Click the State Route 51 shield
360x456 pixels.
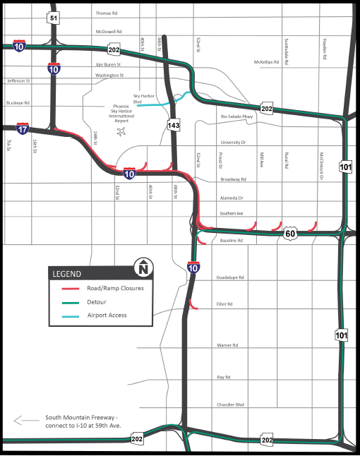[54, 19]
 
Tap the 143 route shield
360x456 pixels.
[174, 125]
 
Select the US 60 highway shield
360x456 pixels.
[291, 233]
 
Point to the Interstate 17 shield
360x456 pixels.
[23, 129]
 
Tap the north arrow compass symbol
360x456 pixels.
[143, 268]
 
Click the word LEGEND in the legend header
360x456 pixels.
[68, 273]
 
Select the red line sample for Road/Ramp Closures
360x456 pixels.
[68, 288]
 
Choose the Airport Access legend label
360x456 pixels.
[107, 315]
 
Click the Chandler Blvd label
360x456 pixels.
[230, 404]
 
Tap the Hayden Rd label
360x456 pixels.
[326, 51]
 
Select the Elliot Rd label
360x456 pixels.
[225, 304]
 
